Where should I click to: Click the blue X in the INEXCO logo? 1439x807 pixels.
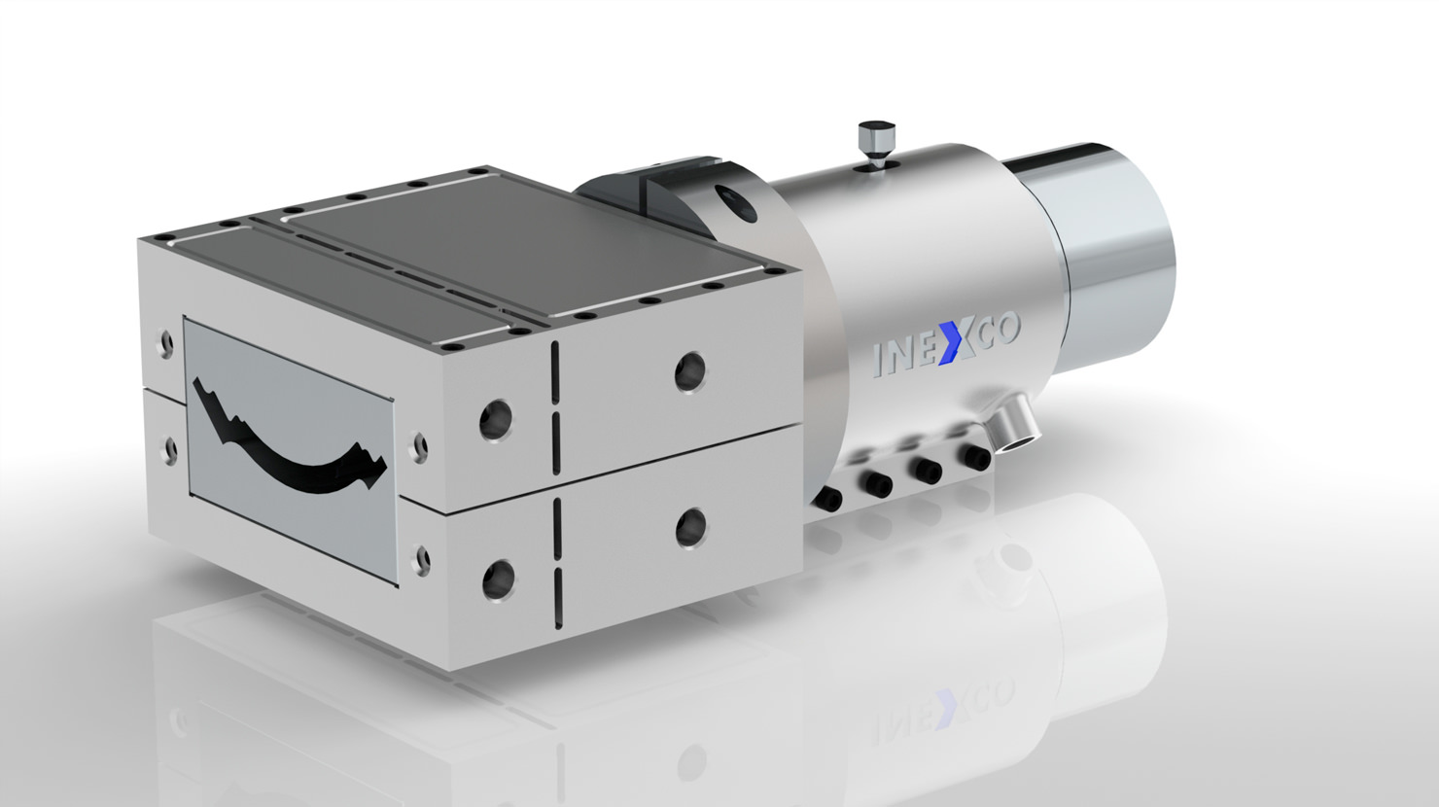pos(953,345)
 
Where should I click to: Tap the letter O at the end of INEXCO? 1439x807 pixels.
pos(1005,332)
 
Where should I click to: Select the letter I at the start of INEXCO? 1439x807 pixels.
pos(879,360)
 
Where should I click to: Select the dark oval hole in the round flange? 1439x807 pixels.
pos(737,202)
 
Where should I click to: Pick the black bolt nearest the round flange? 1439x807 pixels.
pos(829,498)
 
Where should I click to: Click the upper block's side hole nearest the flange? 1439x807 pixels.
pos(691,368)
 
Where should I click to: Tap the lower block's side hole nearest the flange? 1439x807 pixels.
pos(691,526)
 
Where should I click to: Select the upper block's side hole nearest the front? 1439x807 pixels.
pos(496,419)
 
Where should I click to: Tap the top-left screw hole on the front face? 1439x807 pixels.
pos(166,342)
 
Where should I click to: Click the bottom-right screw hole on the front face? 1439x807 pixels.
pos(422,558)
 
